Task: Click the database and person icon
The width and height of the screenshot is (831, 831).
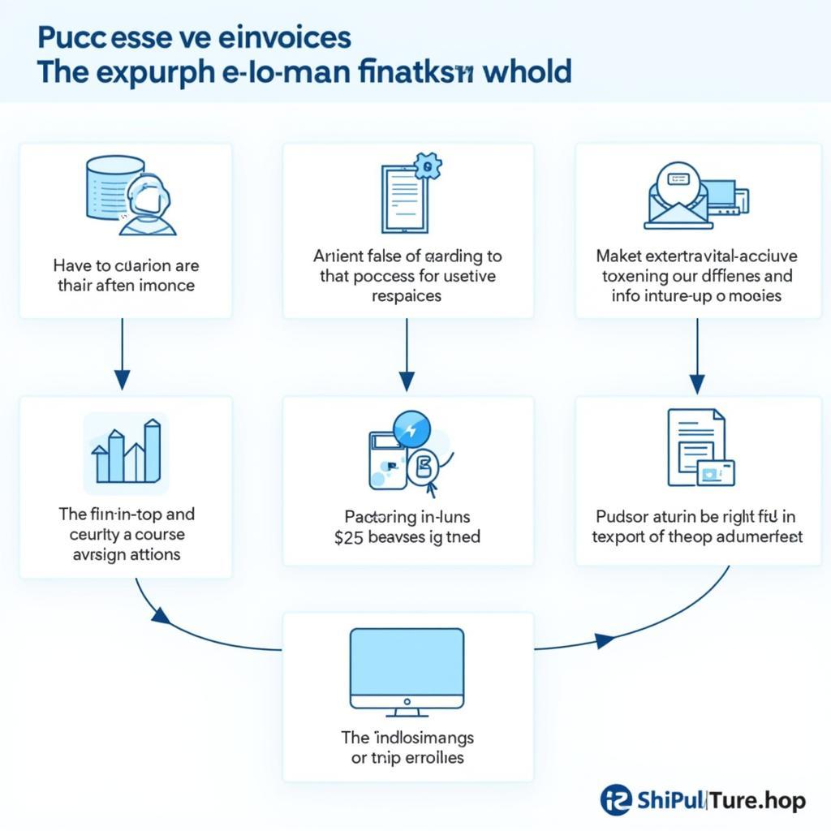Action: (130, 197)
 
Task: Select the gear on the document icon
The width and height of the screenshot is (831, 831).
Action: (427, 167)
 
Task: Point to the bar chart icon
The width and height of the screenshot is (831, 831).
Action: (127, 452)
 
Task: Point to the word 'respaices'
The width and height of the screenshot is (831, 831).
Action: (407, 296)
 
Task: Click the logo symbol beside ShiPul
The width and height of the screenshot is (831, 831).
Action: (616, 800)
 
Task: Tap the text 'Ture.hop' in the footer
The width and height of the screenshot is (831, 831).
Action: (758, 801)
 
